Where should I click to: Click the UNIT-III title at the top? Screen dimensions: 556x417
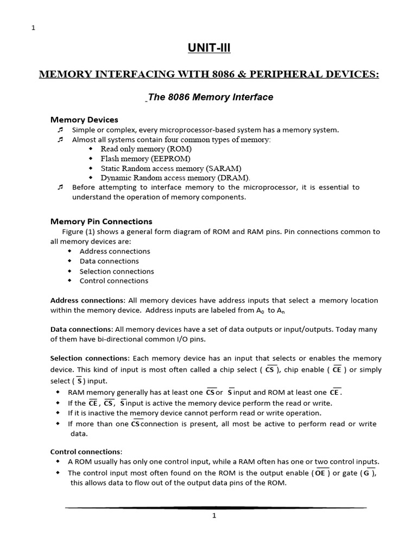point(208,48)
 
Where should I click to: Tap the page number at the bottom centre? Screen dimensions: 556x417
point(214,516)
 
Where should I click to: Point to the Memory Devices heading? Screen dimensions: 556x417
point(84,119)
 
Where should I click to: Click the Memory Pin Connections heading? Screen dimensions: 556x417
point(102,222)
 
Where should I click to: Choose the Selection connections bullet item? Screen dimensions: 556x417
point(117,271)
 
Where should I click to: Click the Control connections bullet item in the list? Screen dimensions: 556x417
point(113,281)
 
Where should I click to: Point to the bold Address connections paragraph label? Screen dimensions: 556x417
point(87,300)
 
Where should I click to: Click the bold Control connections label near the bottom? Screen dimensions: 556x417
point(86,452)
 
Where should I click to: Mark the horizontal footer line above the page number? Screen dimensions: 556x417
point(216,507)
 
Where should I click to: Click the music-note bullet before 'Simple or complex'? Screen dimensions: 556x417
point(60,130)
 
